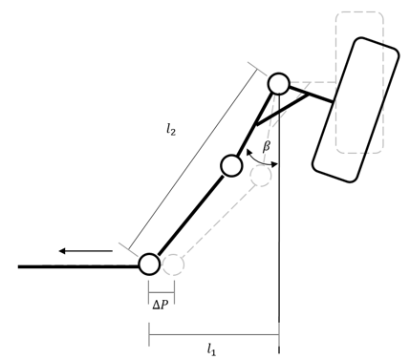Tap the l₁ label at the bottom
click(x=212, y=349)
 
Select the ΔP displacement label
click(x=161, y=305)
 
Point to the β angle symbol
click(x=267, y=147)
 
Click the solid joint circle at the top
click(x=278, y=83)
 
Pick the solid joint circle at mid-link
click(x=231, y=165)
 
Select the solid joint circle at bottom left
click(x=149, y=264)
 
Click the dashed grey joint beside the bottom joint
click(x=172, y=264)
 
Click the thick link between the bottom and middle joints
click(x=189, y=216)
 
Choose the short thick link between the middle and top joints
click(x=255, y=123)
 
